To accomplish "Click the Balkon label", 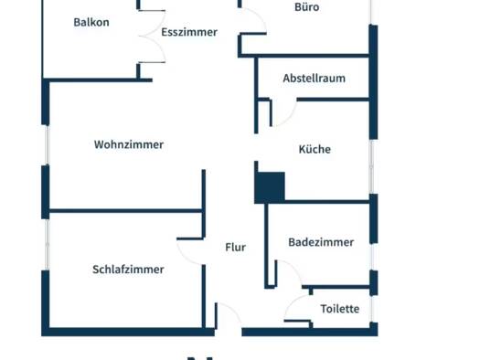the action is pos(91,22).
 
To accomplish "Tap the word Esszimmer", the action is pos(189,32).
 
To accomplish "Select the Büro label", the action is pos(306,7).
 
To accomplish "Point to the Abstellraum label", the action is pos(315,79).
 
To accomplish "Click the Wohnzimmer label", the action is pos(129,144).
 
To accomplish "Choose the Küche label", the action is pos(315,149).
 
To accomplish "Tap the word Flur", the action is pos(235,247).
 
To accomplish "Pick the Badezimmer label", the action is pos(321,242).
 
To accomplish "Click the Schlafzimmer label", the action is pos(128,270).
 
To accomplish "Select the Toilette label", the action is pos(340,309).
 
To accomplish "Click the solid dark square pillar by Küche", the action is pos(270,187).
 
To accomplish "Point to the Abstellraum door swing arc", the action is pos(289,116).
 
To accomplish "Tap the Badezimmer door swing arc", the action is pos(293,268).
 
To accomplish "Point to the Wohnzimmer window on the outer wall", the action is pos(47,145).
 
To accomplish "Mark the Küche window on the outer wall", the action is pos(371,166).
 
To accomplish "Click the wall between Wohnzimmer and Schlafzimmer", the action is pos(125,211).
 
